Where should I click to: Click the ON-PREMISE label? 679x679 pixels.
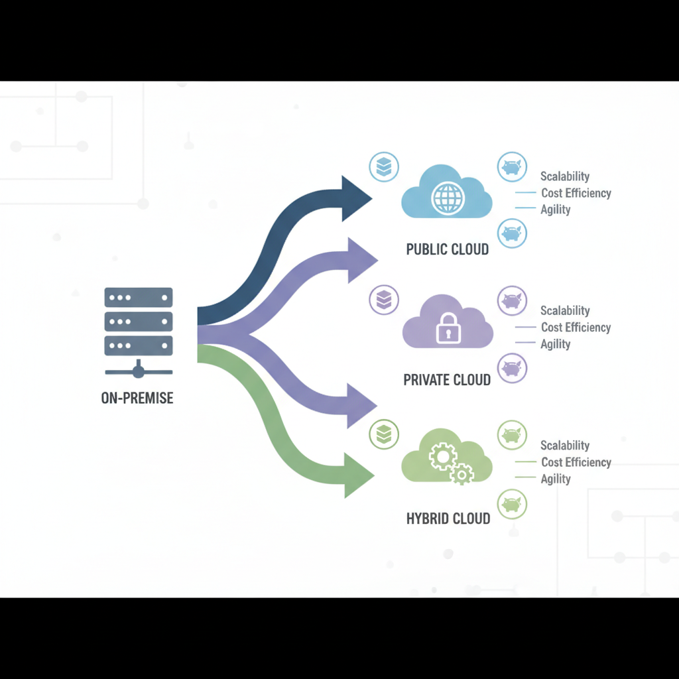click(137, 399)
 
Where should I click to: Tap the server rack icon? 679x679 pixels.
click(139, 322)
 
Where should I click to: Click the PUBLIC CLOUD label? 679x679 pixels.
click(447, 250)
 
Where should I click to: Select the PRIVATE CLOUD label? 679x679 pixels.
click(447, 380)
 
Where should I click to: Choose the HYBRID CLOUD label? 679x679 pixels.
click(448, 519)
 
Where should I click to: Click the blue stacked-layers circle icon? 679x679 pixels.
click(383, 166)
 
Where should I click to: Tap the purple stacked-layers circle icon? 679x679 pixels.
click(383, 299)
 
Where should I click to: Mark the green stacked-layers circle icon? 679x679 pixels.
click(383, 434)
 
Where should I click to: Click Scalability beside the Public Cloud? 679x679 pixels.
click(564, 176)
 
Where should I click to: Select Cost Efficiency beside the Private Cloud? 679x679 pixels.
click(576, 328)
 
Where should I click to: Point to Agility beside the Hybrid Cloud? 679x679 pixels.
click(556, 479)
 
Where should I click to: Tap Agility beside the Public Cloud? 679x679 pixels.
click(556, 210)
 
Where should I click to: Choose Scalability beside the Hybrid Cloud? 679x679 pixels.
click(564, 446)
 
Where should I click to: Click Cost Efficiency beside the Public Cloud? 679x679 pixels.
click(576, 193)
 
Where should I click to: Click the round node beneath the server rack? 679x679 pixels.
click(139, 371)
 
